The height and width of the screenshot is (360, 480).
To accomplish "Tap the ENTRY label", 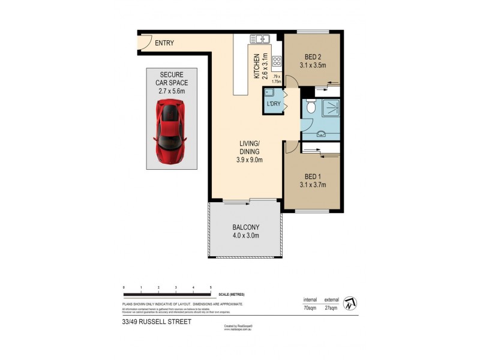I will pos(165,43).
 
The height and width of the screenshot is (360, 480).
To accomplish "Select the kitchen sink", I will pos(260,40).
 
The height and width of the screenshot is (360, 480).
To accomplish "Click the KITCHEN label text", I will pos(256,66).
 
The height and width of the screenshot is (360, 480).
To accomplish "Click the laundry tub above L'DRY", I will pos(270,93).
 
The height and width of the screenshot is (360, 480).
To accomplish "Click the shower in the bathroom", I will pos(329,108).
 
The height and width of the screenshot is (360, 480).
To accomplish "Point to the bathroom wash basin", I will pos(322,134).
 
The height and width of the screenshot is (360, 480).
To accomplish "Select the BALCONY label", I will pos(245,227).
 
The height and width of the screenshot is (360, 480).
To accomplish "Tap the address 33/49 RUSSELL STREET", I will pos(153,322).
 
